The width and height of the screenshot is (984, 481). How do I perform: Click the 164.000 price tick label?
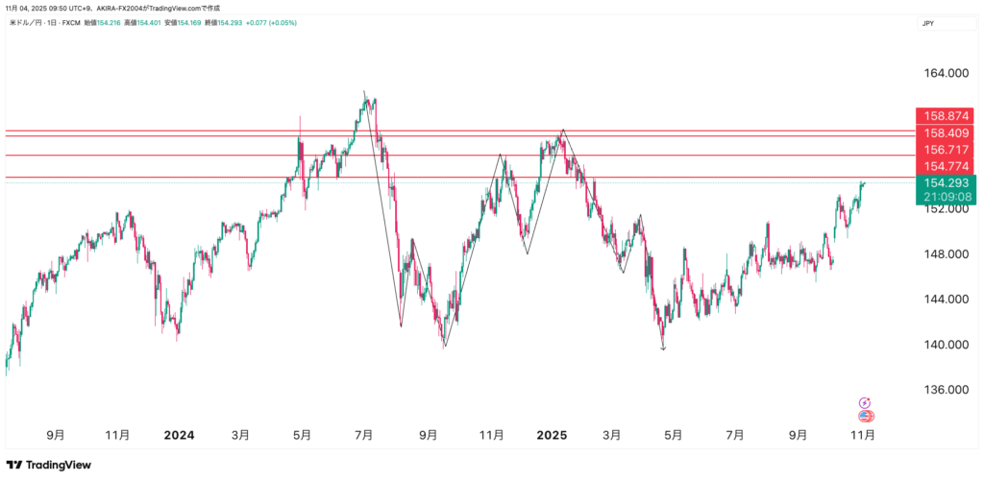pyautogui.click(x=945, y=73)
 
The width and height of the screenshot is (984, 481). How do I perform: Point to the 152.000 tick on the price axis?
pyautogui.click(x=945, y=208)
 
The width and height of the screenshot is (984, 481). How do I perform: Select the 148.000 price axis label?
pyautogui.click(x=945, y=254)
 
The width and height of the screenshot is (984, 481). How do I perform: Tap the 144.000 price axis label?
pyautogui.click(x=945, y=300)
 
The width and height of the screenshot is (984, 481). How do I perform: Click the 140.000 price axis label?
pyautogui.click(x=945, y=345)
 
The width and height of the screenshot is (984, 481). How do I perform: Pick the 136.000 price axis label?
pyautogui.click(x=945, y=390)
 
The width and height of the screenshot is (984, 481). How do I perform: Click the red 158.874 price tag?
pyautogui.click(x=946, y=116)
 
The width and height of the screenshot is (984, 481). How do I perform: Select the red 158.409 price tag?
pyautogui.click(x=946, y=133)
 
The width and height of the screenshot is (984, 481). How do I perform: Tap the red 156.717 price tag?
pyautogui.click(x=946, y=151)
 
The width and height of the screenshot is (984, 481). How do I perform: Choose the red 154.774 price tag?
pyautogui.click(x=946, y=167)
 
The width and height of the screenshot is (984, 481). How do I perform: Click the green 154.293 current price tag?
pyautogui.click(x=946, y=182)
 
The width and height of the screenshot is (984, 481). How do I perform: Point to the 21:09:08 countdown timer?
pyautogui.click(x=946, y=197)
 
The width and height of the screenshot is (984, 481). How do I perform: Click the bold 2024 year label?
pyautogui.click(x=179, y=435)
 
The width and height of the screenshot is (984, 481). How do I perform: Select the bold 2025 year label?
pyautogui.click(x=553, y=435)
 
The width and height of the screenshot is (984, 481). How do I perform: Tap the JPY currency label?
pyautogui.click(x=927, y=23)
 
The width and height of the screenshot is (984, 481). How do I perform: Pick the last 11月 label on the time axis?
pyautogui.click(x=863, y=435)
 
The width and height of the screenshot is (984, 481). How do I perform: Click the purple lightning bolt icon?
pyautogui.click(x=865, y=403)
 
